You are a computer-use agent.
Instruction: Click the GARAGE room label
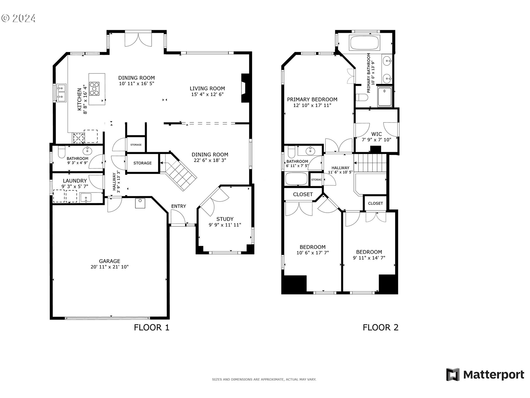tap(110, 261)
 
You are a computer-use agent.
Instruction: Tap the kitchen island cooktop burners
tap(95, 89)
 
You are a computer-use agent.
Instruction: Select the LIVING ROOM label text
tap(207, 88)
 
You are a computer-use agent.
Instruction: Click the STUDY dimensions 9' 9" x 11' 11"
tap(225, 225)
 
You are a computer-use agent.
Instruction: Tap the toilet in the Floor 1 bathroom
tap(61, 152)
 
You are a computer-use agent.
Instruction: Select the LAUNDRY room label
tap(75, 181)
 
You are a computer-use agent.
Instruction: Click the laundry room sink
tap(86, 198)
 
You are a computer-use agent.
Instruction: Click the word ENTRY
tap(178, 206)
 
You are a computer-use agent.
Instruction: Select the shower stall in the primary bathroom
tap(385, 97)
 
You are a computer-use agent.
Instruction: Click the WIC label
tap(376, 134)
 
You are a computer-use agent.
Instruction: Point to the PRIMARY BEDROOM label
tap(312, 99)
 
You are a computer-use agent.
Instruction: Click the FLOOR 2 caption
tap(380, 328)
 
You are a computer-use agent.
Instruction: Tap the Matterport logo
tap(485, 375)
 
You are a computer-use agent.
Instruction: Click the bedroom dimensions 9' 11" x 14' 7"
tap(369, 258)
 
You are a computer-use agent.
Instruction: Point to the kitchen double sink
tap(61, 93)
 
